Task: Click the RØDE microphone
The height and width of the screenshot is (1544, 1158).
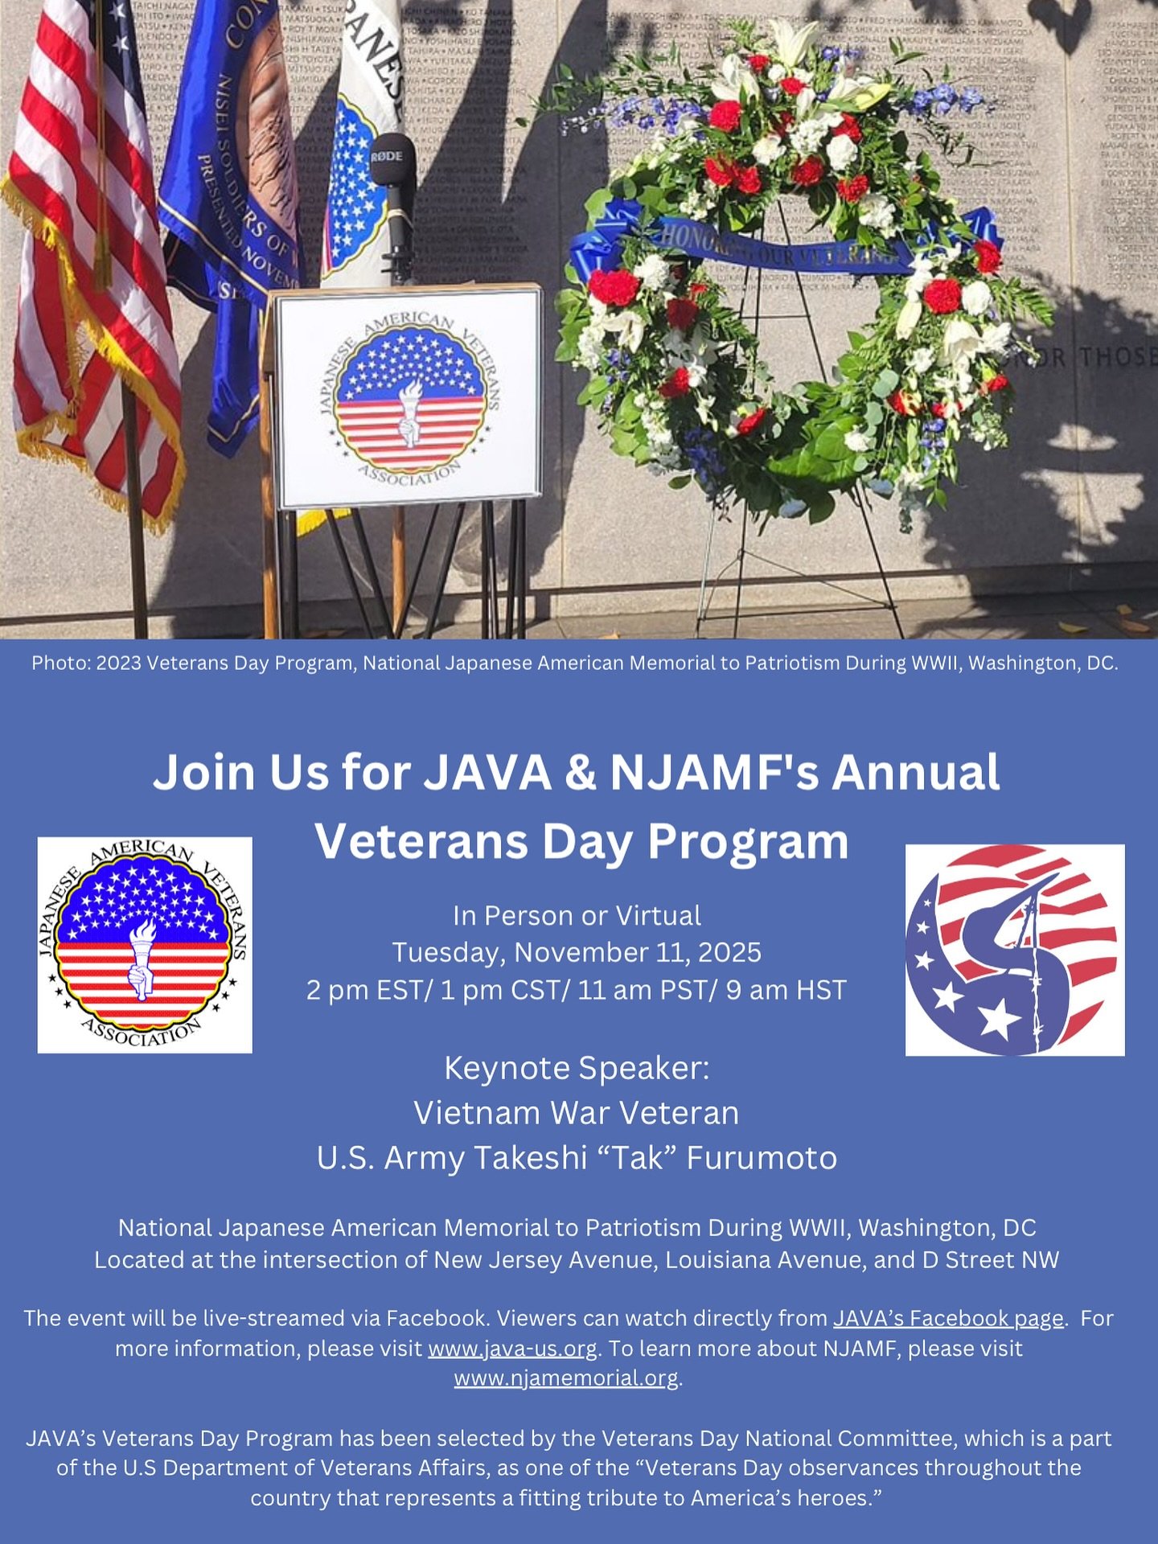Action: [392, 173]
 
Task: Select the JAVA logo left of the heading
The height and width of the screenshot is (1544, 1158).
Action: [145, 945]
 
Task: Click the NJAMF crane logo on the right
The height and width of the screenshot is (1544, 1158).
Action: [1015, 950]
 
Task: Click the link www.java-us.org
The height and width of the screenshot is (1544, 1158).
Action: [512, 1348]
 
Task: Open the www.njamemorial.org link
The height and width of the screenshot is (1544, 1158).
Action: [566, 1378]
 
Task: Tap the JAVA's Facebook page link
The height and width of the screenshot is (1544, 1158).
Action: [948, 1318]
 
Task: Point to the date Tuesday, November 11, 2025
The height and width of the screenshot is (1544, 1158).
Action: [577, 952]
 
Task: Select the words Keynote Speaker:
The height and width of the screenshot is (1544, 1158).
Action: [577, 1068]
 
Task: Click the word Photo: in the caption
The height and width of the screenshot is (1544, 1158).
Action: [60, 663]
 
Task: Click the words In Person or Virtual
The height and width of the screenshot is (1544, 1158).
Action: [577, 915]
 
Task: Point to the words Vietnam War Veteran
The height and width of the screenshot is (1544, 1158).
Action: [577, 1113]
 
